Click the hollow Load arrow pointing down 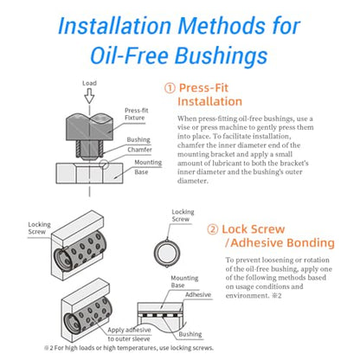point(89,96)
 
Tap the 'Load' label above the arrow point(89,83)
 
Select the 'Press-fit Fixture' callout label point(136,114)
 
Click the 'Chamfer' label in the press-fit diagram point(139,150)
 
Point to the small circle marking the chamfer point(104,164)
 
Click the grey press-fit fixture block point(89,126)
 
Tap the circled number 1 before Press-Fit point(170,88)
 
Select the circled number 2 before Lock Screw point(213,229)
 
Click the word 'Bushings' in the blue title point(222,55)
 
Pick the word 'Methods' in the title point(222,26)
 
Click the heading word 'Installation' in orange point(209,101)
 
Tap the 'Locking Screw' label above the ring point(183,215)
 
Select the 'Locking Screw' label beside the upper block point(39,228)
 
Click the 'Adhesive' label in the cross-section point(198,294)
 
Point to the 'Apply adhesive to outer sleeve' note point(129,334)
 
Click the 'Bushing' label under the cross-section point(190,334)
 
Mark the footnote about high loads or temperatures point(129,348)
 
